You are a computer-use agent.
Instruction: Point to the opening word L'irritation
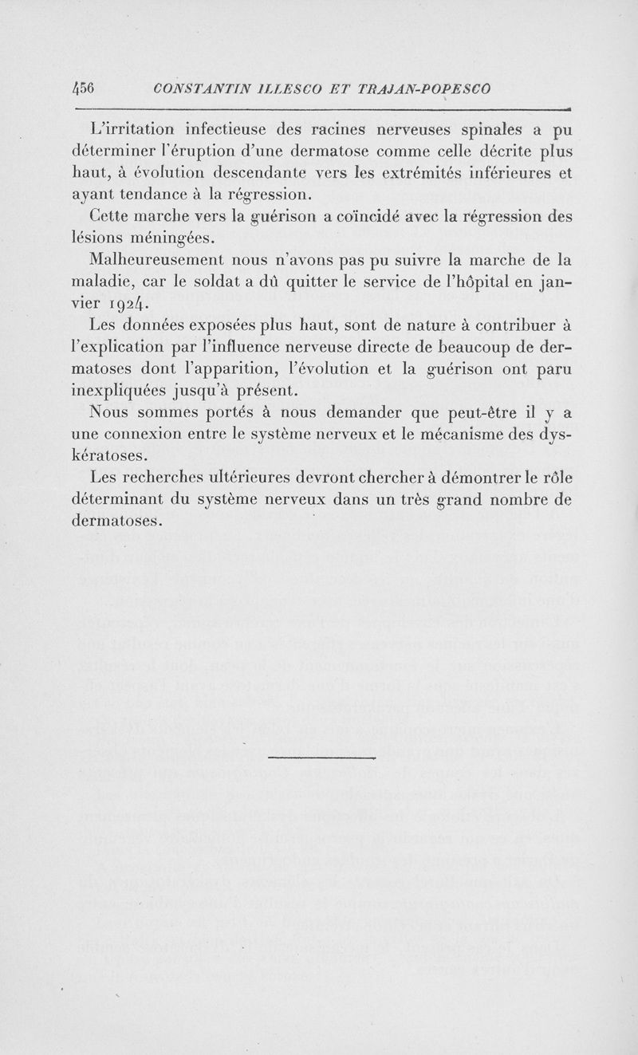(x=133, y=130)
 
